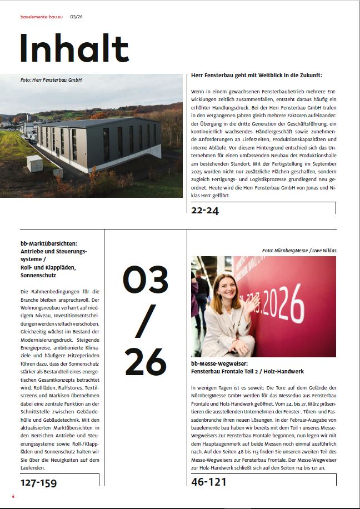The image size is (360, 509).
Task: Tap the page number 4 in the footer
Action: [13, 496]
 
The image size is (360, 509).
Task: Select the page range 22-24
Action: [205, 210]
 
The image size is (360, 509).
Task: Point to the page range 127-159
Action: [38, 482]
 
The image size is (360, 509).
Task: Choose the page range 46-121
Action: [209, 482]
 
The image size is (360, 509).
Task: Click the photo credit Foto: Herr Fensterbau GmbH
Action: [51, 80]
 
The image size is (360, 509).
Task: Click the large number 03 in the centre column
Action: [145, 280]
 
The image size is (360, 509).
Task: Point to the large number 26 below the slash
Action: [145, 362]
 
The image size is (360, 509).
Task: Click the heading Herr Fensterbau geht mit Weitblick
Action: [256, 75]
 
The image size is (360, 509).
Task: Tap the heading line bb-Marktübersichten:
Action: [49, 244]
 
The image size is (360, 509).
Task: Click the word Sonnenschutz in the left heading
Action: [37, 275]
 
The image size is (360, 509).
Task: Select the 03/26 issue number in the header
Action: [77, 17]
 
